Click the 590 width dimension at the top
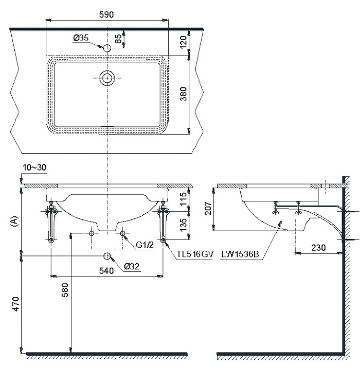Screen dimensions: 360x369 coord(106,14)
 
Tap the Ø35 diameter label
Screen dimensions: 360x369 coord(81,38)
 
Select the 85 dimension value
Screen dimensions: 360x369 coord(119,39)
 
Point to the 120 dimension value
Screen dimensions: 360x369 coord(183,42)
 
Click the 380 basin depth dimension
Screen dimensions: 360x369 coord(183,94)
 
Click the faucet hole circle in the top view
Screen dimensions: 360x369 coord(107,48)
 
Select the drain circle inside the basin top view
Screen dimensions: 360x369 coord(107,78)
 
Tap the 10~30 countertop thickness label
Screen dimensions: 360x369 coord(34,168)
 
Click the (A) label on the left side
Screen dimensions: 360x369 coord(14,222)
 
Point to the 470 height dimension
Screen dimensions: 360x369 coord(16,304)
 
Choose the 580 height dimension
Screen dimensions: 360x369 coord(65,290)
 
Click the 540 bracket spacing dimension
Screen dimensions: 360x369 coord(106,271)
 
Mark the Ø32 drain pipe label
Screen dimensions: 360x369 coord(132,266)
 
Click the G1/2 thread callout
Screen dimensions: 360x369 coord(145,245)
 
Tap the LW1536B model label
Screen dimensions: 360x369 coord(240,254)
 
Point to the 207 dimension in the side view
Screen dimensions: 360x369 coord(208,209)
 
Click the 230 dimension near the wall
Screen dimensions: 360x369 coord(318,248)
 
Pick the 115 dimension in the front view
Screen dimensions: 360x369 coord(183,199)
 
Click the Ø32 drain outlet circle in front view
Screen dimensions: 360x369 coord(107,256)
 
